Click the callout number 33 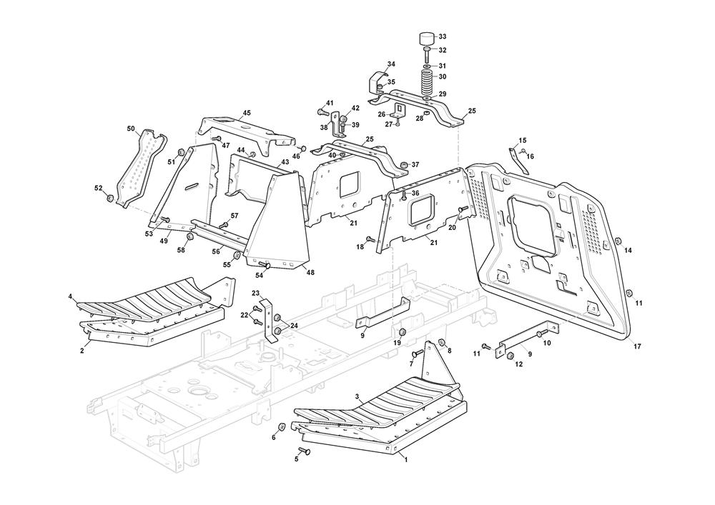(x=441, y=36)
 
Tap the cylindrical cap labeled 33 (x=426, y=37)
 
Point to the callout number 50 (x=131, y=129)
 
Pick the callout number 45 (x=247, y=113)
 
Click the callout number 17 (x=636, y=346)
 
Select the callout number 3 (x=357, y=396)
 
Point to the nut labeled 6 (x=281, y=428)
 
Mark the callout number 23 (x=255, y=293)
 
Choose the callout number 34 (x=391, y=64)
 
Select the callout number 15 (x=522, y=141)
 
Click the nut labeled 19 (x=403, y=333)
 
